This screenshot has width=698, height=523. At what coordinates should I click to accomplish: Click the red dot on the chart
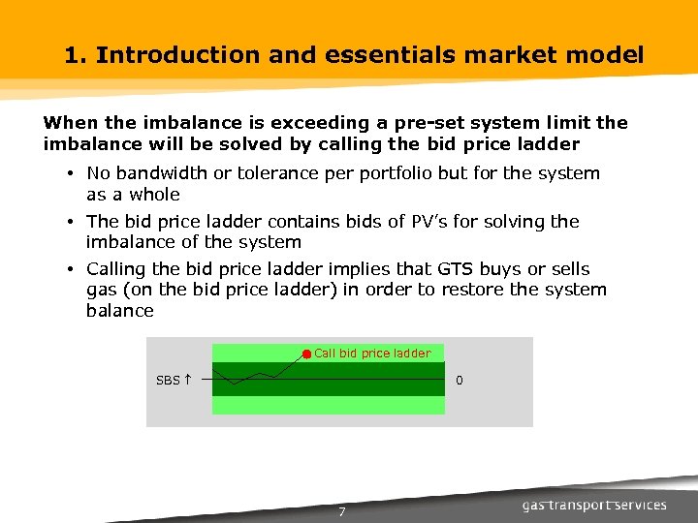click(x=306, y=354)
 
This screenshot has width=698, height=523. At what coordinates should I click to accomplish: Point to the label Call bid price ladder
click(x=372, y=354)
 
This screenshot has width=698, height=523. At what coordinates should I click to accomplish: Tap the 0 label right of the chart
click(x=460, y=381)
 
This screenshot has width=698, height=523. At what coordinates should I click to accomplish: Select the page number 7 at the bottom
click(x=341, y=511)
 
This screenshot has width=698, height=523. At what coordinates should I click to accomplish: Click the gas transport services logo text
click(x=594, y=505)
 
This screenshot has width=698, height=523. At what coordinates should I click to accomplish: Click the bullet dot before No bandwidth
click(x=73, y=174)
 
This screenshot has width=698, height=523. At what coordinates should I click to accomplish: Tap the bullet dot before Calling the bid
click(x=73, y=270)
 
